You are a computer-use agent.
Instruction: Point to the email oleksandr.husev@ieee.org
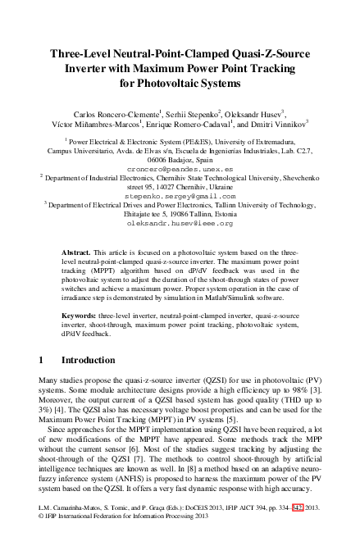180,223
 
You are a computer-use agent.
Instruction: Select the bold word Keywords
83,315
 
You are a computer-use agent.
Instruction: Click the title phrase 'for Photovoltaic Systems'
180,83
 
